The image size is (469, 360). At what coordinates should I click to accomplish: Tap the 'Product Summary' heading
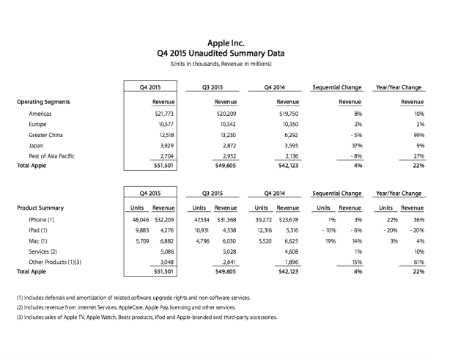coord(38,207)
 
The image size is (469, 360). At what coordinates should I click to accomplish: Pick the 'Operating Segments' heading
coord(43,101)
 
